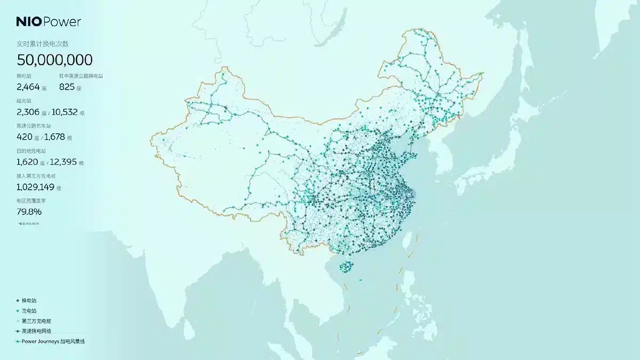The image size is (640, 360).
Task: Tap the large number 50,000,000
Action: click(x=54, y=60)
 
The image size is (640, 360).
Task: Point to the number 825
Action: click(x=67, y=87)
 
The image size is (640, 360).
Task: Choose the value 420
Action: click(x=25, y=137)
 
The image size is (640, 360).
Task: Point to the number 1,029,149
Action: click(x=35, y=187)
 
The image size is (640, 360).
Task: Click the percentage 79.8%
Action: click(x=29, y=212)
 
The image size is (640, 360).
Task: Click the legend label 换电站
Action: click(x=29, y=301)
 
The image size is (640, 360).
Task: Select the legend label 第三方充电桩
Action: click(x=36, y=321)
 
